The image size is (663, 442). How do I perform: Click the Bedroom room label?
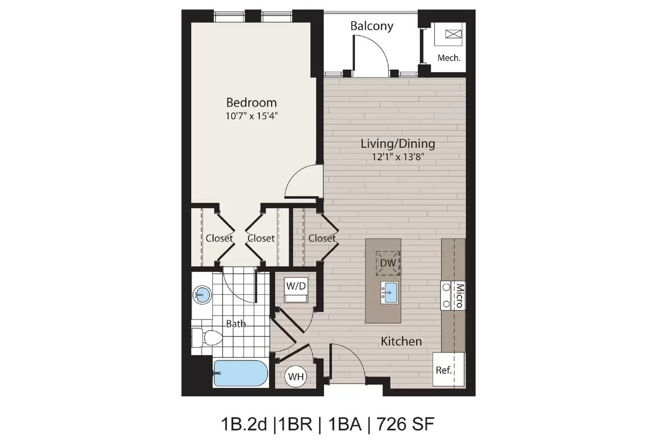tap(251, 102)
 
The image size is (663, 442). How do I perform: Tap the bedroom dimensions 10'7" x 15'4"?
tap(251, 116)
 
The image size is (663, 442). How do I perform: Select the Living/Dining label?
tap(398, 144)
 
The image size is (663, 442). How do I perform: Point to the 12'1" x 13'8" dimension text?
tap(398, 157)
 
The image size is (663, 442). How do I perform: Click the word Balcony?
tap(372, 26)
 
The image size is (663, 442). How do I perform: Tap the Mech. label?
tap(449, 58)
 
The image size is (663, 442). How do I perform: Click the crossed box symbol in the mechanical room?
tap(453, 34)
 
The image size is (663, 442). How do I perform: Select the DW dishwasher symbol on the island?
tap(388, 263)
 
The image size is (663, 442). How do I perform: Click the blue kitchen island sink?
tap(389, 292)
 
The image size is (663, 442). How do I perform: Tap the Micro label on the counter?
tap(459, 295)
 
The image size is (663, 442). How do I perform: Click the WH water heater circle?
tap(296, 377)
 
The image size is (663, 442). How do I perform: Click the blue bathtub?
tap(240, 374)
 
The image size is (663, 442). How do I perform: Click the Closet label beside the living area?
tap(322, 238)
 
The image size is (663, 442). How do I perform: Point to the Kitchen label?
tap(401, 341)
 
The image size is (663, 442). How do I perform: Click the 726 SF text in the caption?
tap(405, 424)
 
